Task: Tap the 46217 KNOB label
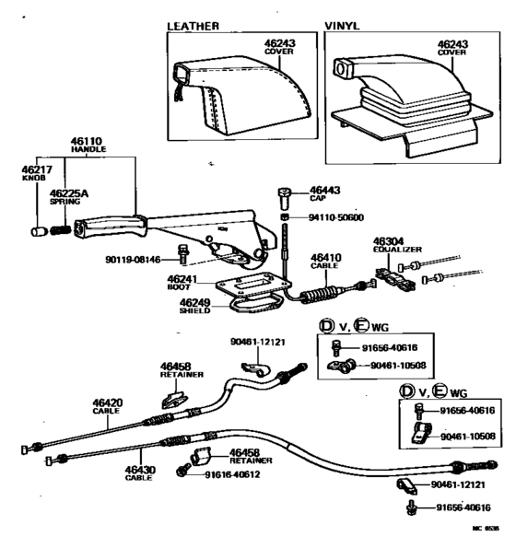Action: tap(34, 172)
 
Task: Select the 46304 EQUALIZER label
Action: tap(395, 245)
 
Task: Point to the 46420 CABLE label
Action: tap(107, 405)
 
